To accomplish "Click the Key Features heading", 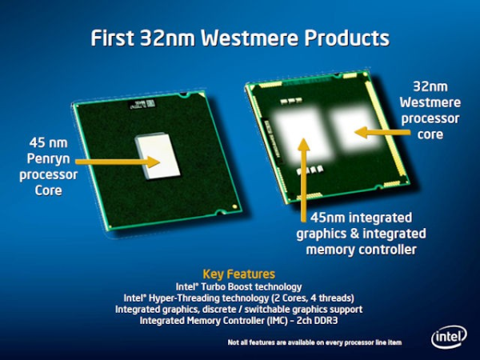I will pos(239,273).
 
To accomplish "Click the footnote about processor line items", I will pos(313,342).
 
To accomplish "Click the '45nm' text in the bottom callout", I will pos(323,218).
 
